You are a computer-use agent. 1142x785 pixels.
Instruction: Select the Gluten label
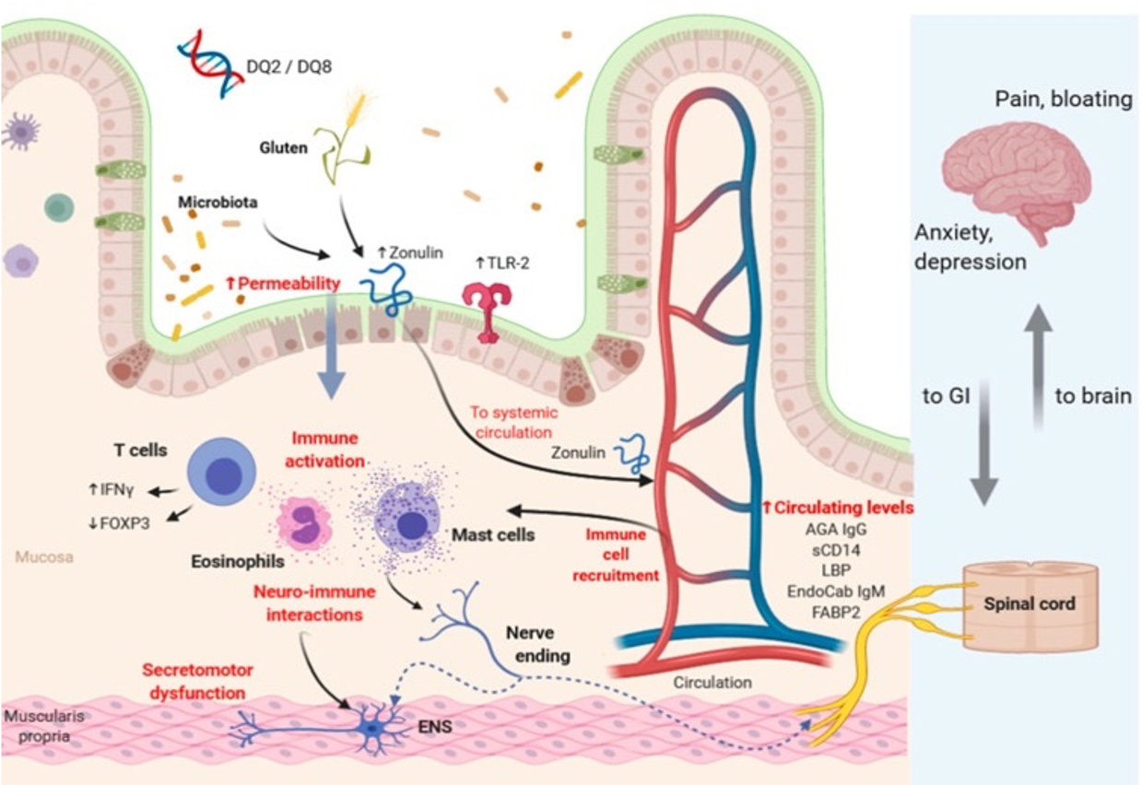pos(284,147)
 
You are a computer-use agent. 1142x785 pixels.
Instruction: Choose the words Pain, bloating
pos(1063,100)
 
